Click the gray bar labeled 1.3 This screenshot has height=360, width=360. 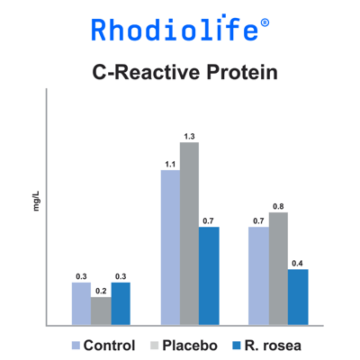point(189,233)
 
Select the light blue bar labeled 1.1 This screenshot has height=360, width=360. point(170,247)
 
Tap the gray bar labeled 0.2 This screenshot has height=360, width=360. point(101,311)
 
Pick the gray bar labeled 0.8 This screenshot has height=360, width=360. point(278,268)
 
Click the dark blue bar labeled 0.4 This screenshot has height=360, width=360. point(298,297)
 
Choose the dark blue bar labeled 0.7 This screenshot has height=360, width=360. point(209,275)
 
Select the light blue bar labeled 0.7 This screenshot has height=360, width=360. point(259,275)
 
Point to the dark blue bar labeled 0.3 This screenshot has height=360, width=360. point(121,303)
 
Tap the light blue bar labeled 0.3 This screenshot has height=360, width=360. point(81,303)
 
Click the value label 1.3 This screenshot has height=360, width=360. point(189,137)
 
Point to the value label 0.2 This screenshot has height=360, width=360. point(101,292)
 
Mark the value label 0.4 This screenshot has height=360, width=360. point(297,264)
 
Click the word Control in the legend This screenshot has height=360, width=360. point(109,346)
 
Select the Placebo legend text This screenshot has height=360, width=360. point(190,346)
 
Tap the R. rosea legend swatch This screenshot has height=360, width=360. point(237,346)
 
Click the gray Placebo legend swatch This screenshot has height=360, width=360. point(154,346)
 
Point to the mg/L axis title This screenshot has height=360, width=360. point(36,201)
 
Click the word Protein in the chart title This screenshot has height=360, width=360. point(242,73)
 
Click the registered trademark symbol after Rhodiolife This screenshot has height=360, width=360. point(265,22)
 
